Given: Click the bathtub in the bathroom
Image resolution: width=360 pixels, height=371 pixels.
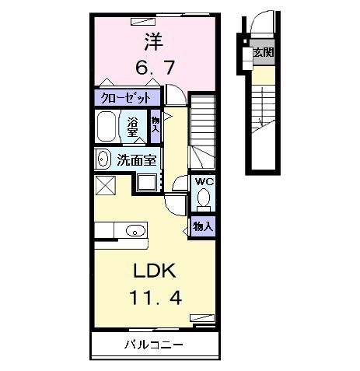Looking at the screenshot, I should (x=107, y=127).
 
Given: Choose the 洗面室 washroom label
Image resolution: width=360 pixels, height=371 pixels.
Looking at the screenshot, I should (x=137, y=161).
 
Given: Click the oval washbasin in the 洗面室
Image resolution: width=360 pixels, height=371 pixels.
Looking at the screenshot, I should (x=103, y=159).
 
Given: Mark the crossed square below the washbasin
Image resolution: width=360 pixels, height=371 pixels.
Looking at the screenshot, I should (x=105, y=185).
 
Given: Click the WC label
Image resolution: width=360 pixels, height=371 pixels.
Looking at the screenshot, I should (x=204, y=181).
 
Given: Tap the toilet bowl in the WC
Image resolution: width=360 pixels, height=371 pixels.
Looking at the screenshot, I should (x=204, y=200).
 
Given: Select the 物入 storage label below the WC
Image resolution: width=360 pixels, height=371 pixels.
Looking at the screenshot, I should (x=203, y=226).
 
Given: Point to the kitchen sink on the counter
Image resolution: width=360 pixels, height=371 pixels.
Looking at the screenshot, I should (x=135, y=230).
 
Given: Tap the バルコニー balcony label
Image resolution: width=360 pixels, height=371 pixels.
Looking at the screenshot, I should (x=152, y=344).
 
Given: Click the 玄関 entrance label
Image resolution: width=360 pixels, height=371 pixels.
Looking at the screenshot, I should (x=263, y=53).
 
